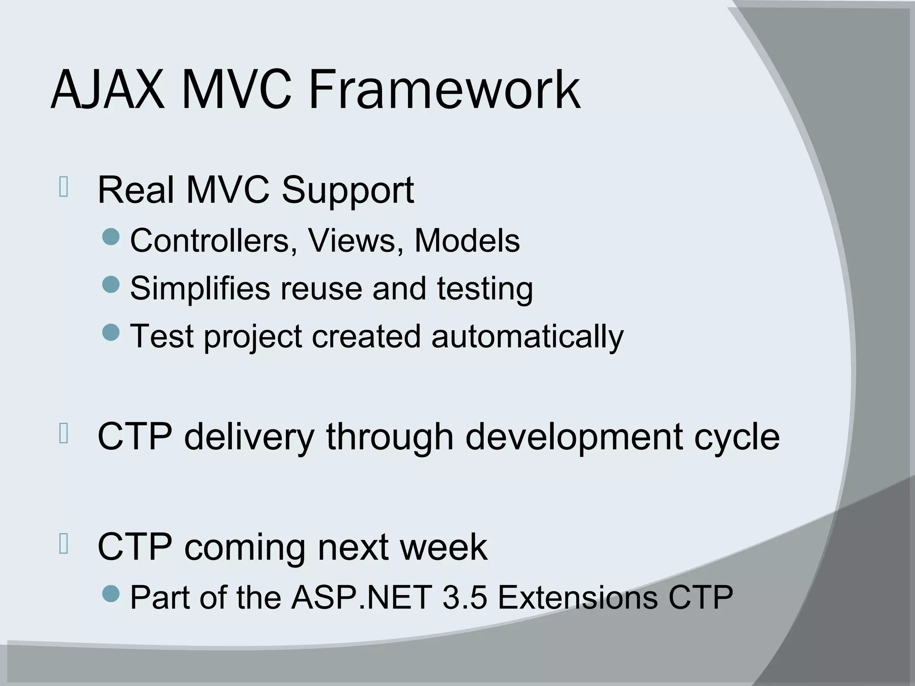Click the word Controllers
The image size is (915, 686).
click(x=214, y=241)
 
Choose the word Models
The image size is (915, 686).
click(x=467, y=241)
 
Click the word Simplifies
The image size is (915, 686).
click(x=200, y=289)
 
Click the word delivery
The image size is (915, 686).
click(x=249, y=438)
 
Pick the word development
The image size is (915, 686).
click(x=574, y=438)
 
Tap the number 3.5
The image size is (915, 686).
click(x=464, y=597)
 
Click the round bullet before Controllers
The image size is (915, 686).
click(x=111, y=237)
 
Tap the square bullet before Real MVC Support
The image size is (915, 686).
click(x=63, y=188)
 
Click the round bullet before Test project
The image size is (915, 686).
click(x=111, y=332)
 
